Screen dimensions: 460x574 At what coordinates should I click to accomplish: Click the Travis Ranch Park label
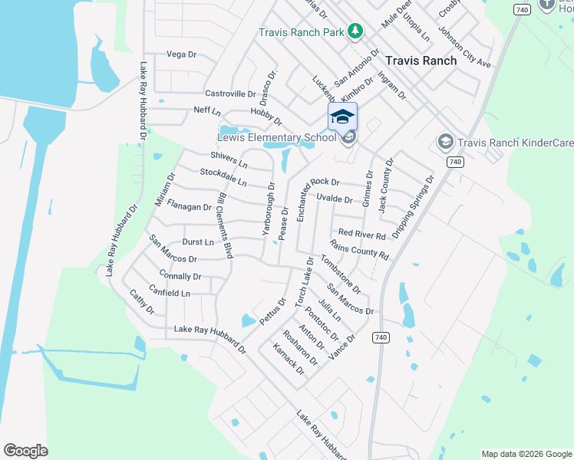click(301, 32)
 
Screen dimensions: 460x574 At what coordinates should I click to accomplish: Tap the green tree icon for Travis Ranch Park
click(355, 31)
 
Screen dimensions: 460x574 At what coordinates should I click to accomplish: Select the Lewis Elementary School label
click(276, 138)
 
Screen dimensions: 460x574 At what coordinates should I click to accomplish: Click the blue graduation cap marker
click(342, 117)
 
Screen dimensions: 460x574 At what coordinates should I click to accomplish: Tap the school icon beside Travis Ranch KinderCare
click(444, 142)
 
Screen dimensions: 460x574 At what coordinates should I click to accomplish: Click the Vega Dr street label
click(182, 54)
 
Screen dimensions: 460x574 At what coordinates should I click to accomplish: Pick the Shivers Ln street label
click(229, 159)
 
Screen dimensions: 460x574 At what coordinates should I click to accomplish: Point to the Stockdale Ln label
click(223, 178)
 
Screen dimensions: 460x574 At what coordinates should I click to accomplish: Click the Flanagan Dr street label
click(189, 207)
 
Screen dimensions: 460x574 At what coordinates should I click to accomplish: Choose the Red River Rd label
click(361, 233)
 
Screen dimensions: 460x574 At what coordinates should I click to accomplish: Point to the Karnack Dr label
click(289, 359)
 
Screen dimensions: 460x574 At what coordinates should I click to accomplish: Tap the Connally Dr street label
click(180, 276)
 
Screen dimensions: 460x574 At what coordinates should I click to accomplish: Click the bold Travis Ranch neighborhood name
click(421, 61)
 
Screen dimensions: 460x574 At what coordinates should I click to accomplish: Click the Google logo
click(25, 451)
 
